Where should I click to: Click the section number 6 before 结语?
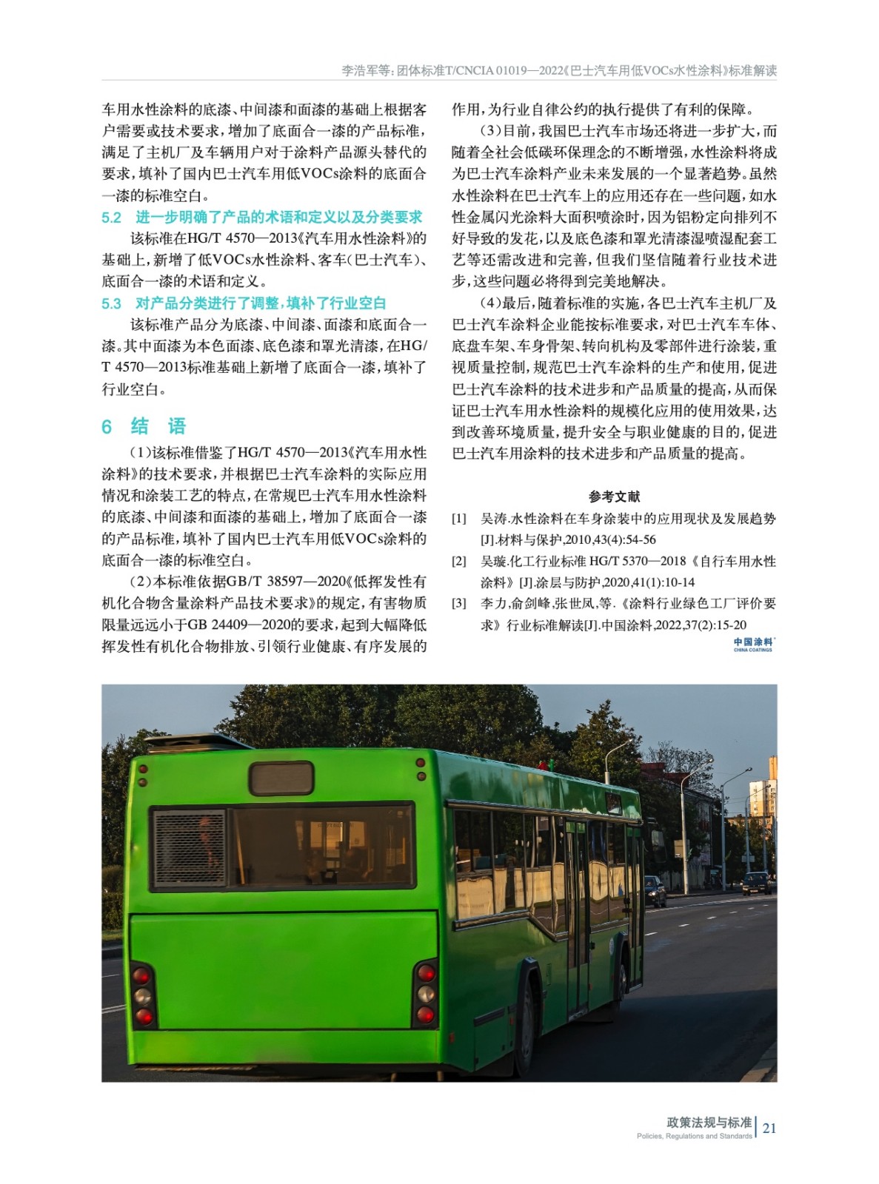pos(107,426)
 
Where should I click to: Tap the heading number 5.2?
pos(111,218)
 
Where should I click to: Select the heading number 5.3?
pos(111,303)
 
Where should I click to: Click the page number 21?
pos(769,1128)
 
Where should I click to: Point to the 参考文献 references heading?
pos(614,497)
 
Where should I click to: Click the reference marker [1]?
pos(459,519)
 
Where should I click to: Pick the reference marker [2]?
pos(459,562)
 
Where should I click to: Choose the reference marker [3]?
pos(459,604)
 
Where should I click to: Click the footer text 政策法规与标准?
pos(709,1122)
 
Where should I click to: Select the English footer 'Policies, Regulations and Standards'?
pos(694,1137)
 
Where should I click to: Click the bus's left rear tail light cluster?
pos(144,996)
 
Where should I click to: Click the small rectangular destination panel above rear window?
pos(281,778)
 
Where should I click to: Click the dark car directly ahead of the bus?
pos(655,890)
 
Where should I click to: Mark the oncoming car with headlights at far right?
pos(756,884)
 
